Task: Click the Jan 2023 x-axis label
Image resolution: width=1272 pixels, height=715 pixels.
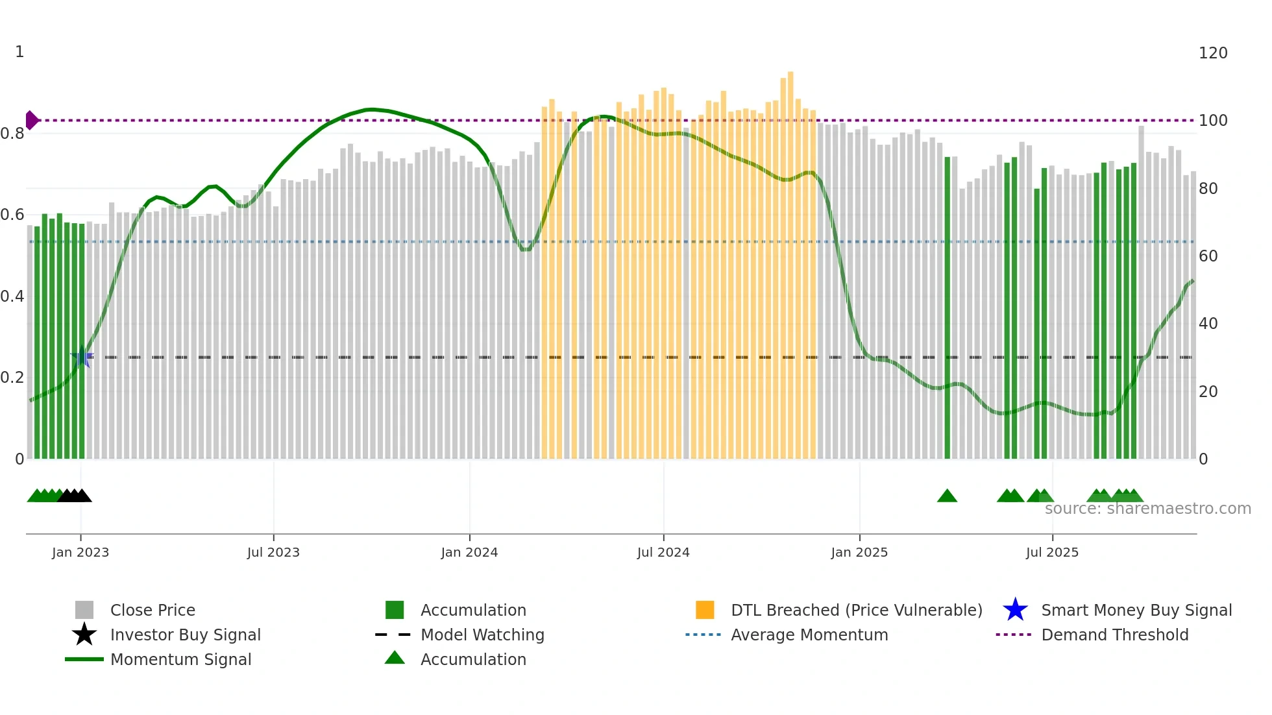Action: [x=80, y=552]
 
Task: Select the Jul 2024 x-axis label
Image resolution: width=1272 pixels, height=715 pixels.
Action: [x=663, y=552]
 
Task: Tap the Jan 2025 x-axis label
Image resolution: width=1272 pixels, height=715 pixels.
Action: [x=859, y=552]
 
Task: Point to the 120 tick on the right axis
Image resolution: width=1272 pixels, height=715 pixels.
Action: [x=1213, y=53]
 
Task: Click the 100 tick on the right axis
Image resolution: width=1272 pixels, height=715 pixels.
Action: [x=1213, y=121]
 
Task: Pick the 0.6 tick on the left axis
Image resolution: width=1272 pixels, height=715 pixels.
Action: [x=12, y=215]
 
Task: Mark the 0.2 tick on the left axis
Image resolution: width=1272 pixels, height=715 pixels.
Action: [x=12, y=378]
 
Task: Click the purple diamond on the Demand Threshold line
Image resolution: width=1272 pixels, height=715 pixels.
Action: [x=31, y=120]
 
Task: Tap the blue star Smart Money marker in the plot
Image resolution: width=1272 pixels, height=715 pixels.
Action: [x=82, y=357]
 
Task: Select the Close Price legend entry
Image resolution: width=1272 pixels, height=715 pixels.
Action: [x=153, y=610]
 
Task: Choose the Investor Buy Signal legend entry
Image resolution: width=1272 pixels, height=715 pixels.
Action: [x=185, y=635]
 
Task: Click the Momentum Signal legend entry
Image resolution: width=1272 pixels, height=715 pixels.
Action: [x=180, y=659]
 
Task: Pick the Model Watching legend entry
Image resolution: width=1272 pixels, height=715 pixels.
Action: [x=482, y=635]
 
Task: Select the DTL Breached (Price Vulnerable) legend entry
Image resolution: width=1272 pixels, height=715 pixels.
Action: [x=856, y=610]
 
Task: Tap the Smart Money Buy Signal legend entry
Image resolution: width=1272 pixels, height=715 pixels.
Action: [x=1136, y=610]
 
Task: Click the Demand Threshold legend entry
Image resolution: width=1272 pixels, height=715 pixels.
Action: [x=1114, y=635]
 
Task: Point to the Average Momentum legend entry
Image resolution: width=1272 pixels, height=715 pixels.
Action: [x=809, y=635]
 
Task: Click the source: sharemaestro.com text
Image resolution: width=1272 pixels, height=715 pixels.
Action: [x=1147, y=509]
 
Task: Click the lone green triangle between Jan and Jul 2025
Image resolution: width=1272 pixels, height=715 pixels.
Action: [x=947, y=496]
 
